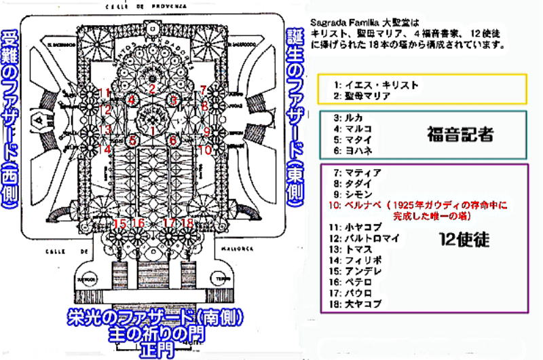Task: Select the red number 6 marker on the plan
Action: point(174,140)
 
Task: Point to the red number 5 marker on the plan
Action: point(133,141)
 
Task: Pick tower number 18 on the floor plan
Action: point(188,223)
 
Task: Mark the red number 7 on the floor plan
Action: point(203,90)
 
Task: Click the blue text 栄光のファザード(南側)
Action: point(155,318)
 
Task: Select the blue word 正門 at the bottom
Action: point(155,350)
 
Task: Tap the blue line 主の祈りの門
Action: point(155,334)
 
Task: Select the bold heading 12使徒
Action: point(460,238)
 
